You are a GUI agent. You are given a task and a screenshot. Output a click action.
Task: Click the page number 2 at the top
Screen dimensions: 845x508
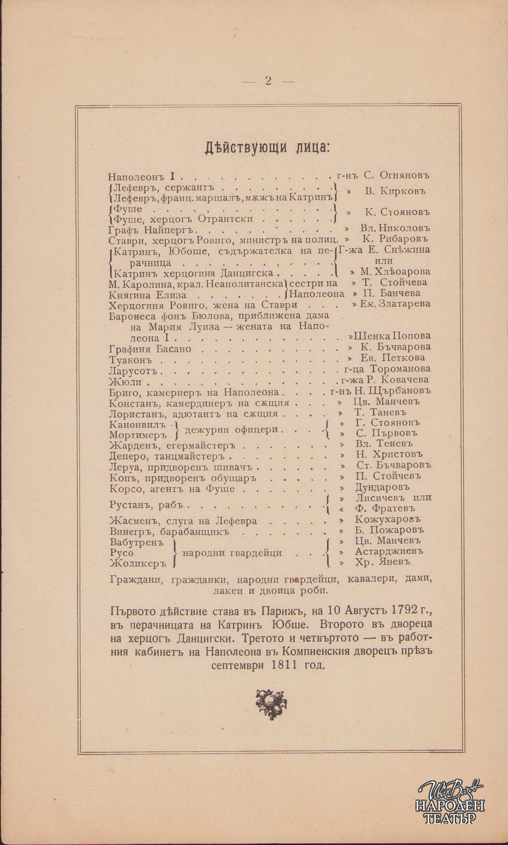[x=268, y=81]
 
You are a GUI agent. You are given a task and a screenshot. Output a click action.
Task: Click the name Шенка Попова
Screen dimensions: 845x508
[x=392, y=336]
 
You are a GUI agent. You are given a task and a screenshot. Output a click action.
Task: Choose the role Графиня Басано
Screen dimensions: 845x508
[x=150, y=349]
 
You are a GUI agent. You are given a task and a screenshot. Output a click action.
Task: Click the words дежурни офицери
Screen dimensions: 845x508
[x=232, y=429]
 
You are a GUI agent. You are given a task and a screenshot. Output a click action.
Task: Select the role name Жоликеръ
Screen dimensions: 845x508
[x=138, y=563]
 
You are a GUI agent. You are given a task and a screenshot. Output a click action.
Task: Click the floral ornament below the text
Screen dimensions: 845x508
[x=271, y=702]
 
